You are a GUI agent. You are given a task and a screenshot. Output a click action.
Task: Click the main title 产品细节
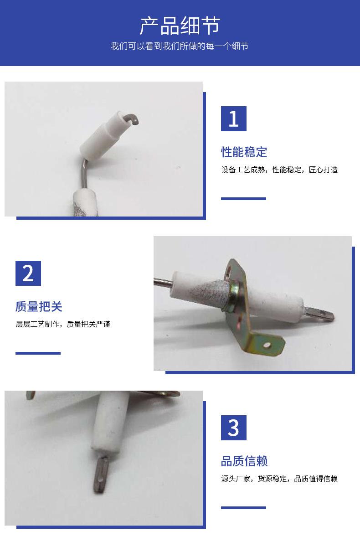coord(180,26)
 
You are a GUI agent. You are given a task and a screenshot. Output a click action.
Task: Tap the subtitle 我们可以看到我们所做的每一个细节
coord(180,46)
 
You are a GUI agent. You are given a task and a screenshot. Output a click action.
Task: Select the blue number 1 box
coord(234,119)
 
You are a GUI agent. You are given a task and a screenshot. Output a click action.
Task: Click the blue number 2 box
coord(28,273)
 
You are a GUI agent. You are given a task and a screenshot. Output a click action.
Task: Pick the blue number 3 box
coord(234,428)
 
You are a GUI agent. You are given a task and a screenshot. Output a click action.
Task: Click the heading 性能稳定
coord(244,152)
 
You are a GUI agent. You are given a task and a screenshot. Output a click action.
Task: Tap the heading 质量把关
coord(39,306)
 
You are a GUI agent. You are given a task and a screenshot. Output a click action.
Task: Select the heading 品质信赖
coord(244,461)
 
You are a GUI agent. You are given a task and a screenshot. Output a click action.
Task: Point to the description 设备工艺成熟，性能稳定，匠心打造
coord(279,170)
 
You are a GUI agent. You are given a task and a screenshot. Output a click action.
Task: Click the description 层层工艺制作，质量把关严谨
coord(63,324)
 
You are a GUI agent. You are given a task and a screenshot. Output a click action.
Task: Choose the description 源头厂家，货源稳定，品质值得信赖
coord(279,479)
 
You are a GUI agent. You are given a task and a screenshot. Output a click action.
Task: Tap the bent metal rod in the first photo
coord(83,173)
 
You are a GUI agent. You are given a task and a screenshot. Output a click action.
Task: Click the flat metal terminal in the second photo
coord(320,313)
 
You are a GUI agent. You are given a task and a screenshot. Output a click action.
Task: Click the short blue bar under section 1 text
coord(243,199)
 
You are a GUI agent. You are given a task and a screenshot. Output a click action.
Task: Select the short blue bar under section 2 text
coord(38,353)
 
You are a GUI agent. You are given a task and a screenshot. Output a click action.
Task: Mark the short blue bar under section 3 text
coord(243,508)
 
